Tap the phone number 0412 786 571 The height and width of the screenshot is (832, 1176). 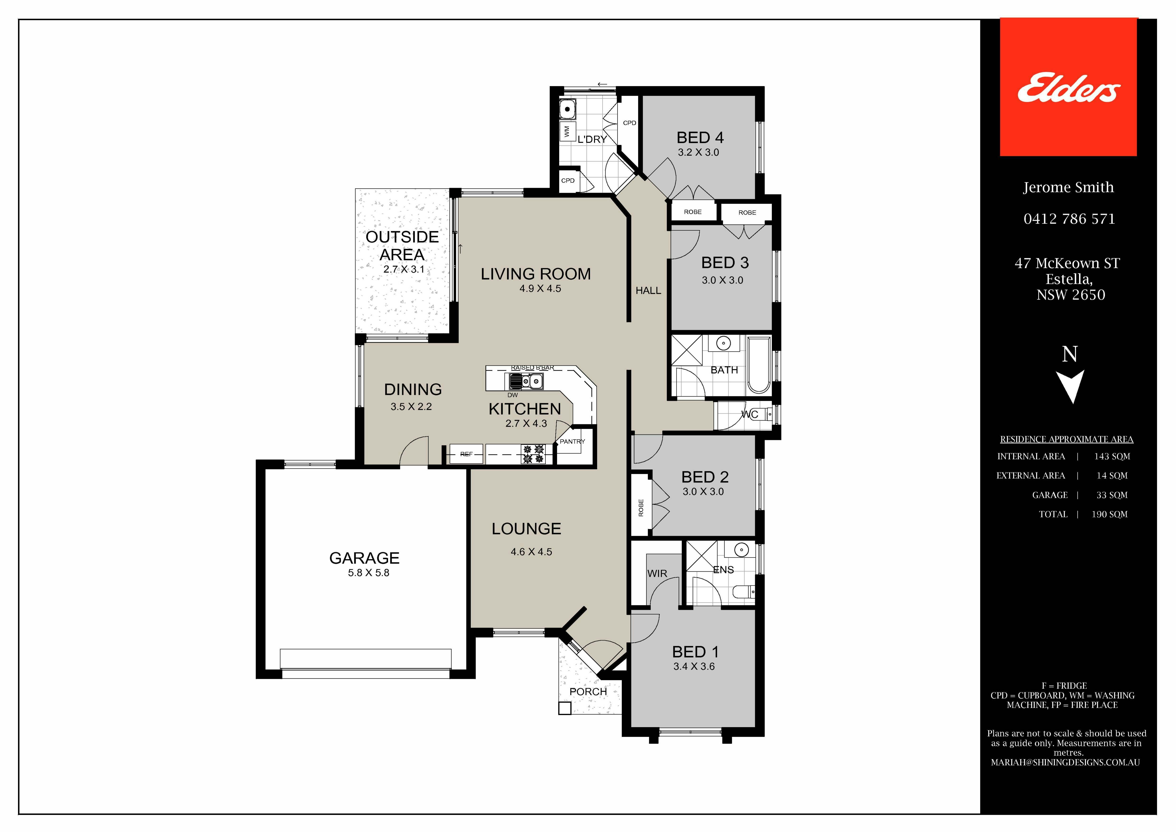(1069, 219)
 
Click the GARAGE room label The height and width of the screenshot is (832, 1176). (364, 558)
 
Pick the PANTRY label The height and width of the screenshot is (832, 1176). (572, 441)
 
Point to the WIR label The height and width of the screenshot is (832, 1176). (657, 574)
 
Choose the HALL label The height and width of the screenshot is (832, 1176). (648, 291)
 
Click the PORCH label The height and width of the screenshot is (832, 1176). (588, 692)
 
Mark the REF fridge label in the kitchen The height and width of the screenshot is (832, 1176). (466, 454)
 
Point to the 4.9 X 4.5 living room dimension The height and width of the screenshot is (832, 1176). (540, 289)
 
